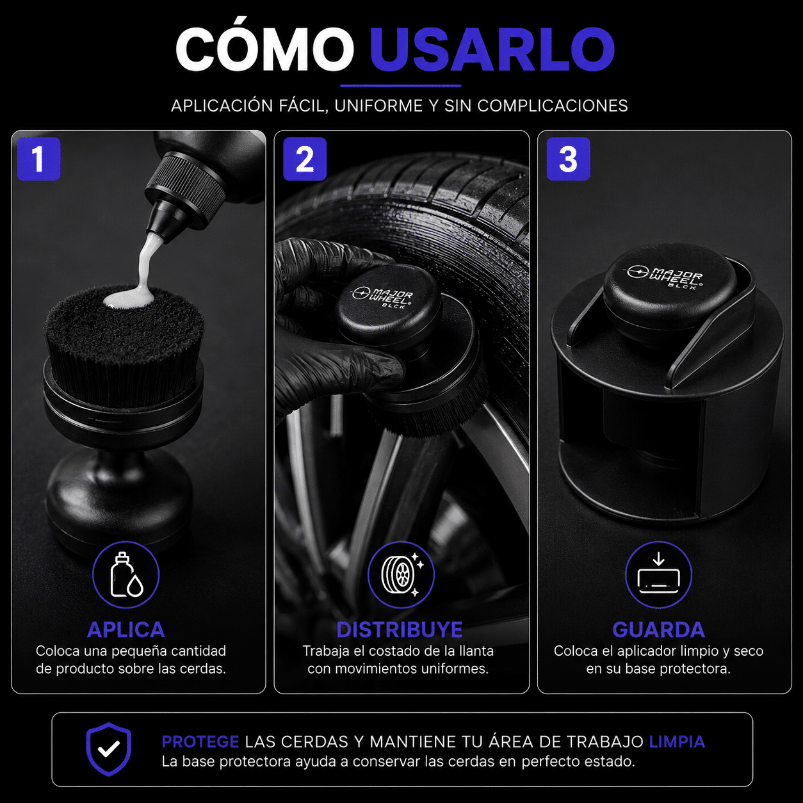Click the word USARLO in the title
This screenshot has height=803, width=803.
[492, 49]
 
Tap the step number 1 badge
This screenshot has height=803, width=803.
[39, 159]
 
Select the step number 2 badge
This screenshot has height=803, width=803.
[305, 159]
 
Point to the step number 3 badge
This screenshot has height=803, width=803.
[568, 159]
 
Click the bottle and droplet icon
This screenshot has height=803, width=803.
[126, 574]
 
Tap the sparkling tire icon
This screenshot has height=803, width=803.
[401, 574]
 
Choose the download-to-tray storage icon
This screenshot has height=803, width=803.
[658, 574]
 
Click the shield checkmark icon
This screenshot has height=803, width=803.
[109, 749]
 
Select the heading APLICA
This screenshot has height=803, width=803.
[126, 629]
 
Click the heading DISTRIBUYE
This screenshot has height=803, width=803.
[400, 629]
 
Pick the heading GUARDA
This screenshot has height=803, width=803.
[658, 629]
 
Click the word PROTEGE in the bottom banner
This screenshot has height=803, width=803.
[200, 742]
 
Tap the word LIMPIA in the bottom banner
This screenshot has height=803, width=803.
[677, 742]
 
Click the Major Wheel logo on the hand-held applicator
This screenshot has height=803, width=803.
[382, 296]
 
